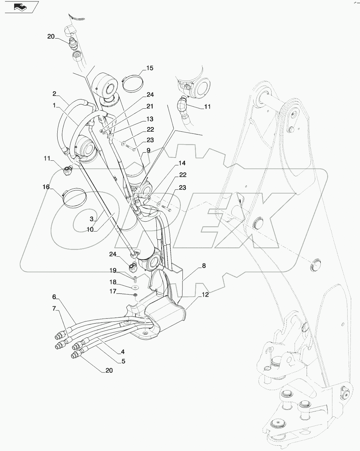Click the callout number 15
(x=150, y=68)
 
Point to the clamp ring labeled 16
(x=74, y=196)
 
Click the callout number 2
(x=54, y=94)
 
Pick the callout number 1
(x=54, y=105)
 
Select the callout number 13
(x=150, y=119)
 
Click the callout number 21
(x=150, y=107)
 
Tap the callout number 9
(x=149, y=150)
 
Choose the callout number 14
(x=182, y=163)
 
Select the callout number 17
(x=112, y=291)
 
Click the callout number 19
(x=112, y=271)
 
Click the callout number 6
(x=54, y=296)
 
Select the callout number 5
(x=123, y=361)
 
